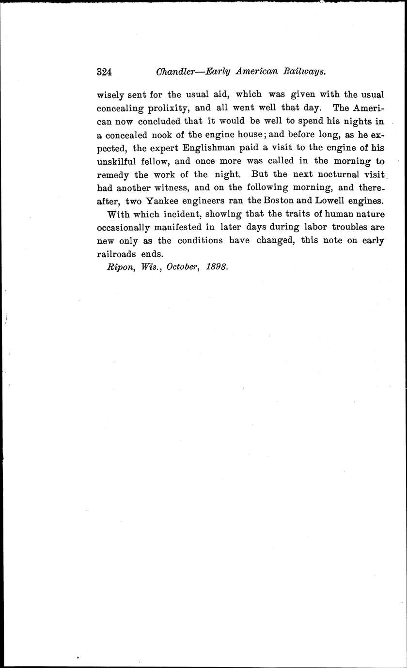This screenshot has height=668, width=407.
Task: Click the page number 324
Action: point(105,72)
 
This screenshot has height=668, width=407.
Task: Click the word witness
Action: point(166,187)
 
